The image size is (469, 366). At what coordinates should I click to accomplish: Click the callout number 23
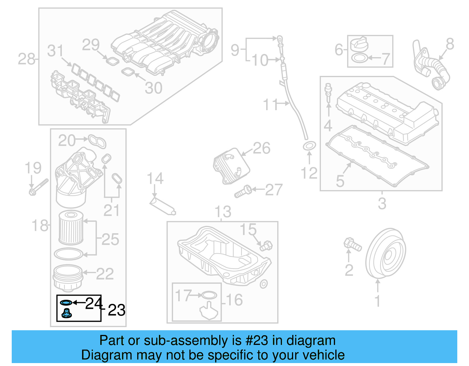(x=116, y=310)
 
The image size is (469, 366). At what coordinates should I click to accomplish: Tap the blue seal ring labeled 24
(x=66, y=302)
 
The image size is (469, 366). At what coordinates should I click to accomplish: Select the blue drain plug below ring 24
(x=67, y=314)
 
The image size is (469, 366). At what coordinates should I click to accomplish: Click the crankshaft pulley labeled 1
(x=386, y=253)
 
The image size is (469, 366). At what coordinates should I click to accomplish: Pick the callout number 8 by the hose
(x=450, y=44)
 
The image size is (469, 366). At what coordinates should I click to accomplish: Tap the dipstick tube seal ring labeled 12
(x=309, y=146)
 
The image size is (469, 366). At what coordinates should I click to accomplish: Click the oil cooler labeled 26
(x=231, y=166)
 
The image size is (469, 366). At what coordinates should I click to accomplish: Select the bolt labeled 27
(x=243, y=192)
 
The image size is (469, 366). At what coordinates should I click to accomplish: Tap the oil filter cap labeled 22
(x=67, y=277)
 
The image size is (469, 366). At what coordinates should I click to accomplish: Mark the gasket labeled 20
(x=97, y=141)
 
